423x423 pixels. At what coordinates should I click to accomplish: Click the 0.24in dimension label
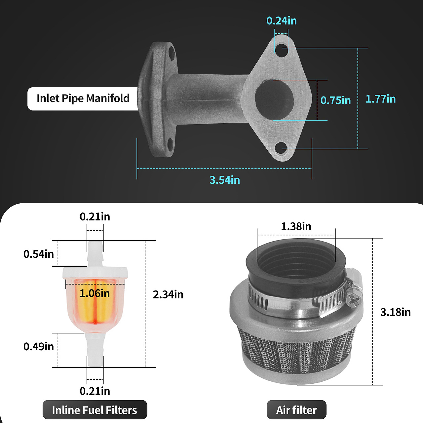coord(282,21)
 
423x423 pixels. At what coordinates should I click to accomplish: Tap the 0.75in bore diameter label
coord(336,100)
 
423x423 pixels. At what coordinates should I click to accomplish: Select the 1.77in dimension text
coord(381,99)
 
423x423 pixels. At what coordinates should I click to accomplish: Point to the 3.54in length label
coord(225,180)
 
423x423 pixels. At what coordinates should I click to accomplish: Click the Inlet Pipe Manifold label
coord(83,98)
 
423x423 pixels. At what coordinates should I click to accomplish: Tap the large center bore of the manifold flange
coord(274,100)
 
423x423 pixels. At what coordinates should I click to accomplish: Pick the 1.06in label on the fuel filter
coord(95,293)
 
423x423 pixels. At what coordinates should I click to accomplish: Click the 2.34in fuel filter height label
coord(168,294)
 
